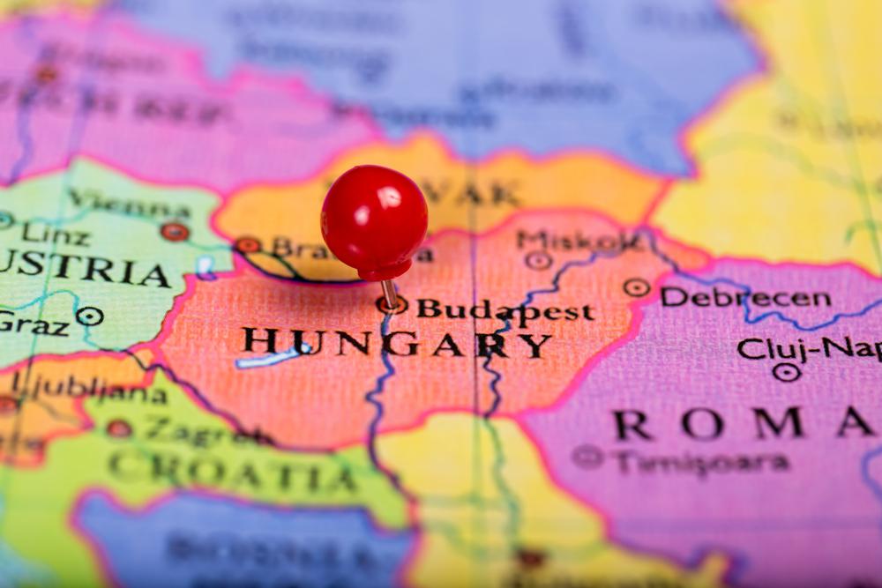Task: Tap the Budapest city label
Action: pos(505,310)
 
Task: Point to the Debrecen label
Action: pos(745,298)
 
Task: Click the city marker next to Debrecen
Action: pos(636,287)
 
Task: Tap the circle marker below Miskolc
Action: pos(538,260)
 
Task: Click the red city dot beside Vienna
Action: pos(175,232)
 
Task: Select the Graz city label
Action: pos(34,323)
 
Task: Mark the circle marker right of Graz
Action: pos(89,316)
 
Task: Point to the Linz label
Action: pos(55,234)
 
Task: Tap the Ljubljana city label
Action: pos(88,388)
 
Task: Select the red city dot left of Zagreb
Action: pos(119,428)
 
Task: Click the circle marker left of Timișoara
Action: pos(587,456)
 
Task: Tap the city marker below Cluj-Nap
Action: pos(786,372)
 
